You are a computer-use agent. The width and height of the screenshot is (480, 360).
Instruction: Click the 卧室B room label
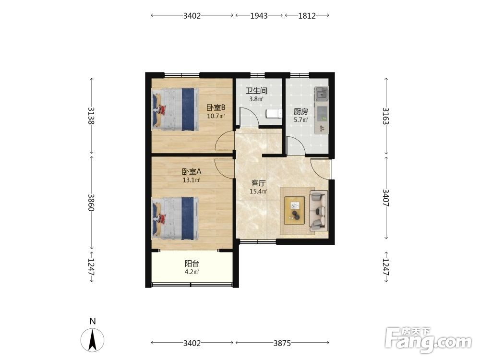pyautogui.click(x=216, y=108)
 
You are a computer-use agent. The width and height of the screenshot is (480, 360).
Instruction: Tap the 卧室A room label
pyautogui.click(x=192, y=172)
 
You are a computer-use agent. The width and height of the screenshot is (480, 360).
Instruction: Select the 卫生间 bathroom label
pyautogui.click(x=257, y=91)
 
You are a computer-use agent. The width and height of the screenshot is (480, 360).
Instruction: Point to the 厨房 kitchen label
pyautogui.click(x=300, y=112)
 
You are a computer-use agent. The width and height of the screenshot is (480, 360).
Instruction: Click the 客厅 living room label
pyautogui.click(x=258, y=183)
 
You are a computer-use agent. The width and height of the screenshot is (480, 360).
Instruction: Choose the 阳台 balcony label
pyautogui.click(x=192, y=264)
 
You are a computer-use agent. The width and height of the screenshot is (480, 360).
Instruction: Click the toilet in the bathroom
pyautogui.click(x=274, y=114)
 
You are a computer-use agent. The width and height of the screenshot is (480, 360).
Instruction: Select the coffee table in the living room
pyautogui.click(x=295, y=211)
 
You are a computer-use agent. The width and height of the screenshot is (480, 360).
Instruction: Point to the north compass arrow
pyautogui.click(x=93, y=339)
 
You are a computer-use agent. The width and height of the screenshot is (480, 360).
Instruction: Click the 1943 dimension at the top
pyautogui.click(x=259, y=16)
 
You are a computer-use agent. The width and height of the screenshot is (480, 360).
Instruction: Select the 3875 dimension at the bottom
pyautogui.click(x=282, y=343)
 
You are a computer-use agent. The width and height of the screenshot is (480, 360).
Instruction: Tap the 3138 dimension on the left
pyautogui.click(x=91, y=116)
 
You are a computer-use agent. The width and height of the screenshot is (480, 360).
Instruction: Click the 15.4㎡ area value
pyautogui.click(x=258, y=192)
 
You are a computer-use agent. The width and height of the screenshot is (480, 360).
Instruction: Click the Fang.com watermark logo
pyautogui.click(x=428, y=340)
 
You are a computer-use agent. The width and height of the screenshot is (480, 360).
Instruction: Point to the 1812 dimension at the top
pyautogui.click(x=307, y=16)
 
